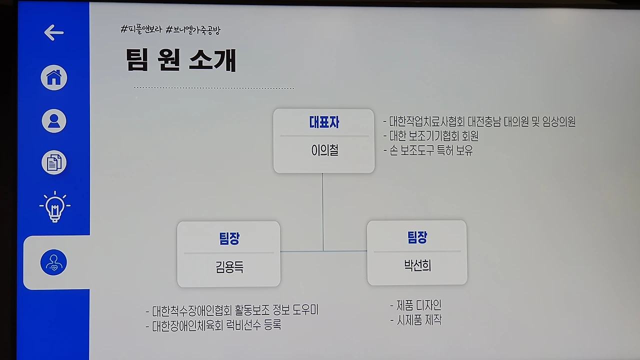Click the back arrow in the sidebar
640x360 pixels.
(x=53, y=33)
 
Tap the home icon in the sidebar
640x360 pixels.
(x=53, y=78)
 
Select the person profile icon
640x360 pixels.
(x=53, y=120)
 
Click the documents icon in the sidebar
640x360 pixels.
(x=53, y=163)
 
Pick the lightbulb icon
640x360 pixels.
(x=54, y=206)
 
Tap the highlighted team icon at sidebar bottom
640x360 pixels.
(x=53, y=262)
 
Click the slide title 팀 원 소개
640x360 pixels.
(x=180, y=60)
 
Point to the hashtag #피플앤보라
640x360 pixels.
(x=141, y=29)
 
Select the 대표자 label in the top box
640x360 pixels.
(x=324, y=122)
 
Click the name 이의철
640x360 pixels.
(x=324, y=150)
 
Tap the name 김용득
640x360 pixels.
(x=229, y=267)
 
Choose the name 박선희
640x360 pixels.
(x=417, y=265)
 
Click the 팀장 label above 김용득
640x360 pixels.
(x=229, y=239)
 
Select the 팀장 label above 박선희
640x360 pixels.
(x=417, y=237)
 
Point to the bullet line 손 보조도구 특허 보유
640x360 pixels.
(x=428, y=150)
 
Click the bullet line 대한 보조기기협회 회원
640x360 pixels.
(x=431, y=136)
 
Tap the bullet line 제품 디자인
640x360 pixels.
(x=416, y=305)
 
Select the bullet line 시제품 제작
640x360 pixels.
(x=416, y=320)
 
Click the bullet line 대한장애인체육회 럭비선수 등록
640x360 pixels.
(x=213, y=325)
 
